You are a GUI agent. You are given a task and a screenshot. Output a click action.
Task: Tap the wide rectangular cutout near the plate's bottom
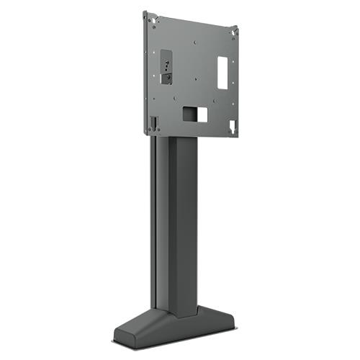194,113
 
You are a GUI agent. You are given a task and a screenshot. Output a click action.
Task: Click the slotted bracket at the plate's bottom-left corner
153,122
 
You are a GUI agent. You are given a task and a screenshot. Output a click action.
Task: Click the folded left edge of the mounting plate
146,72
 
